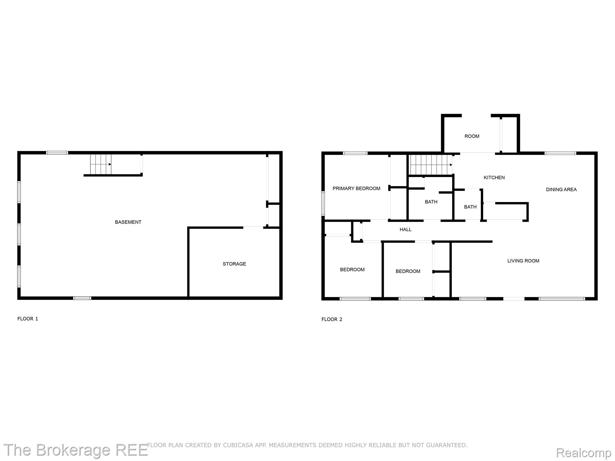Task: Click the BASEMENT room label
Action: point(128,222)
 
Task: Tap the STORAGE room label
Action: point(234,264)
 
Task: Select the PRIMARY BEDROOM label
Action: point(356,188)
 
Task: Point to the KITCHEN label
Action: point(494,177)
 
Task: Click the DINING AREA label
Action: point(561,189)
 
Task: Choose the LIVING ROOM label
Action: point(523,261)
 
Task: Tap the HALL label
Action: point(405,230)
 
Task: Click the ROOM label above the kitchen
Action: point(472,136)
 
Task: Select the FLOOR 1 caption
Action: point(28,319)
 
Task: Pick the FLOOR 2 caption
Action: point(332,319)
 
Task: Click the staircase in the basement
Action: point(101,164)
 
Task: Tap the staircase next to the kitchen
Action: point(431,164)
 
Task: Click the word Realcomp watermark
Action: point(583,452)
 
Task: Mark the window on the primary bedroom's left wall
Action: point(323,203)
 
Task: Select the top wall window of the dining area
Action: point(560,153)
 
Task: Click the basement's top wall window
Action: point(57,153)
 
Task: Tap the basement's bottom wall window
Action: point(82,298)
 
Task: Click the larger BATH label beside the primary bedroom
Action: point(431,202)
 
